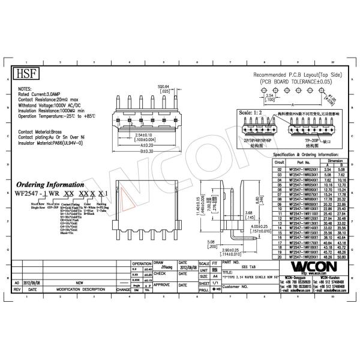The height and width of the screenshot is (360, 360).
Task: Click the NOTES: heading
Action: pyautogui.click(x=26, y=88)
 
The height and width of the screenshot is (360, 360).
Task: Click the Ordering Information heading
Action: pyautogui.click(x=48, y=185)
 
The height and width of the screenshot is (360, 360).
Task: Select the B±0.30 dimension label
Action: pyautogui.click(x=146, y=151)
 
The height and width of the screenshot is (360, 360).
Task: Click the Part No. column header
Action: pyautogui.click(x=303, y=162)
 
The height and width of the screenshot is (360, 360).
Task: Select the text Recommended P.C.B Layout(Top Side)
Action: pyautogui.click(x=298, y=74)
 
